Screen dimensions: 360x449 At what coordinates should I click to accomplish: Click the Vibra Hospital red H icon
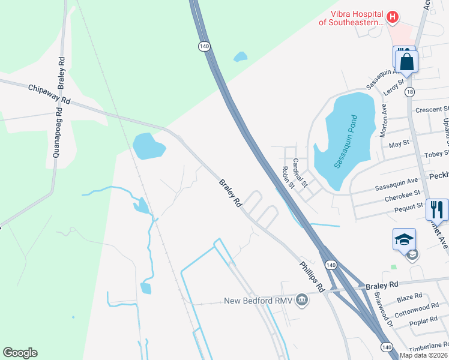coord(392,17)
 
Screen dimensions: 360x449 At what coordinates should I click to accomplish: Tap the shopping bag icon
coord(407,61)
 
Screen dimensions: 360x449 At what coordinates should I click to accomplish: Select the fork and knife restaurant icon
coord(437,209)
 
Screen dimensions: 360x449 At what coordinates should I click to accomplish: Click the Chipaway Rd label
coord(49,95)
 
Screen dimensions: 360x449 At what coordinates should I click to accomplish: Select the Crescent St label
coord(432,110)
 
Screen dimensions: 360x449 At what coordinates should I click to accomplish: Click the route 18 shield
coord(409,92)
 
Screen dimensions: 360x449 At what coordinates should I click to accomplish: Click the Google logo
coord(20,353)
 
